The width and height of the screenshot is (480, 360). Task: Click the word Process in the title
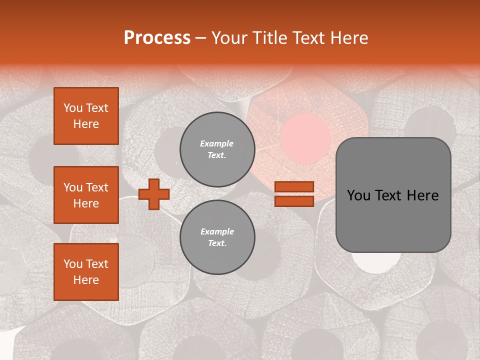(x=157, y=37)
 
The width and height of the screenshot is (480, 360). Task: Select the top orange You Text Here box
(x=86, y=116)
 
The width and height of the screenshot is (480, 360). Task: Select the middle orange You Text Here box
(x=86, y=195)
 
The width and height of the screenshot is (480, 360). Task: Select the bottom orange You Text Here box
(x=86, y=271)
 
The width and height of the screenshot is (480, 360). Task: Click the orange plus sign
(x=154, y=194)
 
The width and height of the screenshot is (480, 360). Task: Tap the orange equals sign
(x=294, y=194)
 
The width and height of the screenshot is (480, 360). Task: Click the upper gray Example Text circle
(x=217, y=149)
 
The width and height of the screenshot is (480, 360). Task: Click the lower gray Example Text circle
(x=217, y=237)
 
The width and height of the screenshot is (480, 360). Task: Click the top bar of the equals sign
(x=294, y=186)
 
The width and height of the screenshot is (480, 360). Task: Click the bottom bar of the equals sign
(x=294, y=201)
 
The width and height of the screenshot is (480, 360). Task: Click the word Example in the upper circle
(x=216, y=143)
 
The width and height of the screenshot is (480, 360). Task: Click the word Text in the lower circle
(x=217, y=243)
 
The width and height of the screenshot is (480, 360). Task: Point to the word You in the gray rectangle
(x=358, y=195)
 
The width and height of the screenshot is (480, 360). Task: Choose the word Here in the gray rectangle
(x=423, y=195)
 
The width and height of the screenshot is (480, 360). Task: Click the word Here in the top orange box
(x=86, y=124)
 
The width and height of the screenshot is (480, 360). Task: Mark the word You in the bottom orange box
(x=72, y=263)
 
